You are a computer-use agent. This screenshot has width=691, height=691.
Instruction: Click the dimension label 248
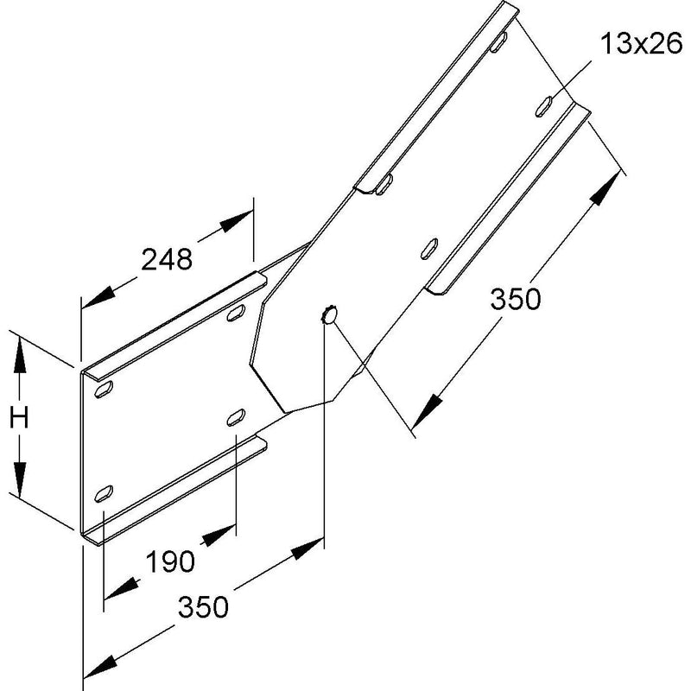[x=167, y=259]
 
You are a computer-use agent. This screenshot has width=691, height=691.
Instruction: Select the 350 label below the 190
[x=203, y=606]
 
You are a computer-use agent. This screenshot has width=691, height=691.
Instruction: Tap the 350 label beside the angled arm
[x=515, y=299]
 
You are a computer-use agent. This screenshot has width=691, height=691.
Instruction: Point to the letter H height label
[x=19, y=417]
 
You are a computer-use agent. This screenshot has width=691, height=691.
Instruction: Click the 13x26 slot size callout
[x=641, y=45]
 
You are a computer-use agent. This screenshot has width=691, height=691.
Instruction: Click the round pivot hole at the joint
[x=329, y=315]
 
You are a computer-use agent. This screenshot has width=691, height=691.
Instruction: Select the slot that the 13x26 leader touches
[x=543, y=106]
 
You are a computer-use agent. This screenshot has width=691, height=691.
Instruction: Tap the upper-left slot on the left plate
[x=104, y=390]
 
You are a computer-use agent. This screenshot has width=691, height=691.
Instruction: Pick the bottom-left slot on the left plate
[x=104, y=493]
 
